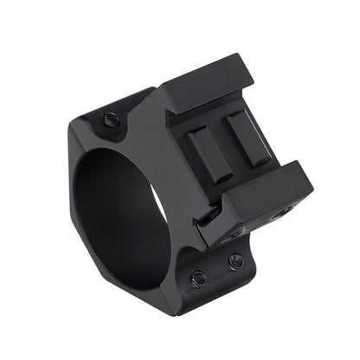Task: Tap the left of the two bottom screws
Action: pos(197,277)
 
